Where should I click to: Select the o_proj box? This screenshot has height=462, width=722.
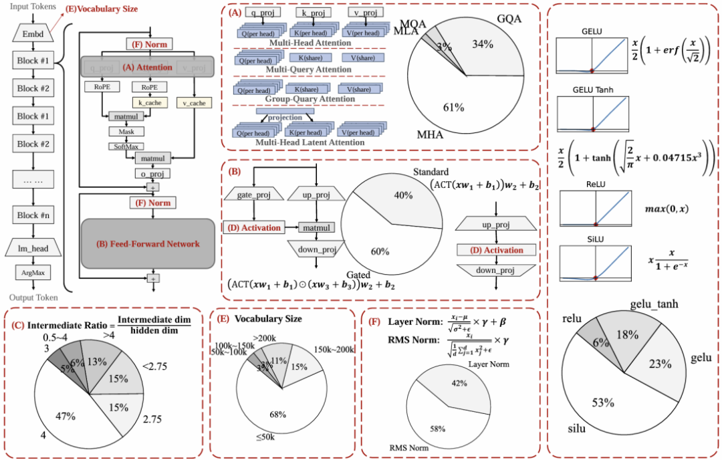[154, 172]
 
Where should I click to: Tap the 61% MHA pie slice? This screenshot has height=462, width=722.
[455, 100]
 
